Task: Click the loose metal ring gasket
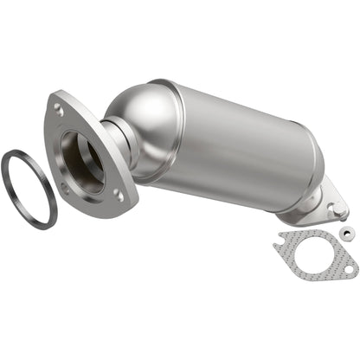[10, 170]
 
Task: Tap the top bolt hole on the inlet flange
[59, 110]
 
